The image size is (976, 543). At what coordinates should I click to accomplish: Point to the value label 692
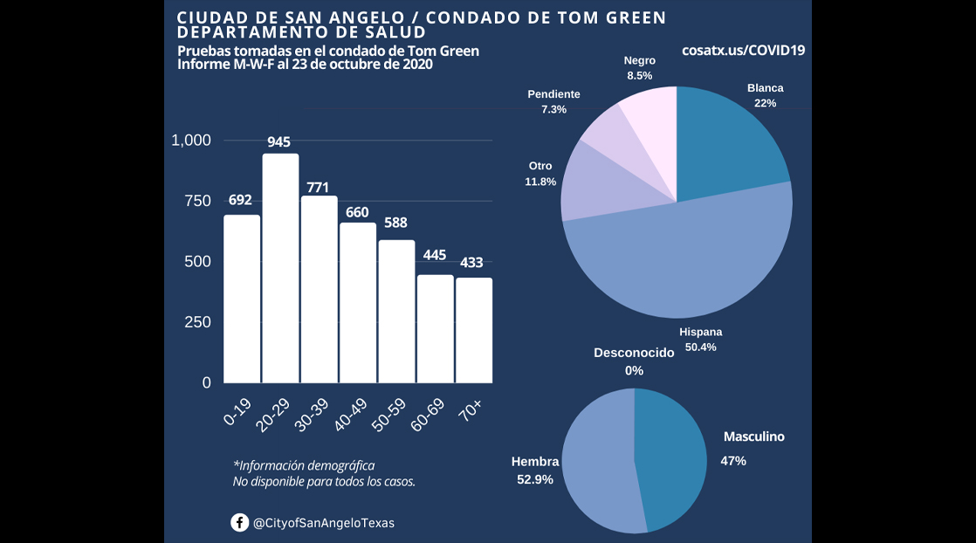[240, 200]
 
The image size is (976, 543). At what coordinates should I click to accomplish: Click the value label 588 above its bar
[395, 223]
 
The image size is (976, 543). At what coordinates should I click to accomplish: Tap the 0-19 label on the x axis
[238, 409]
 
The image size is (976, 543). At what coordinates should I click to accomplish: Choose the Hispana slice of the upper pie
[681, 262]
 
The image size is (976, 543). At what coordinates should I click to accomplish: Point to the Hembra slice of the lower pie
[598, 463]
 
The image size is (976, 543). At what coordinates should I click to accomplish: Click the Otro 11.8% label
[540, 174]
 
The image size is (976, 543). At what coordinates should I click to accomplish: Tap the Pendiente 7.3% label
[553, 101]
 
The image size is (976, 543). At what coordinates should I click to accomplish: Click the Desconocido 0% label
[634, 361]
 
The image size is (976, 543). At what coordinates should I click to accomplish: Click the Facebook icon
[239, 522]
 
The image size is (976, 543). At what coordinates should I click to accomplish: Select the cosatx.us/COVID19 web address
[743, 51]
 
